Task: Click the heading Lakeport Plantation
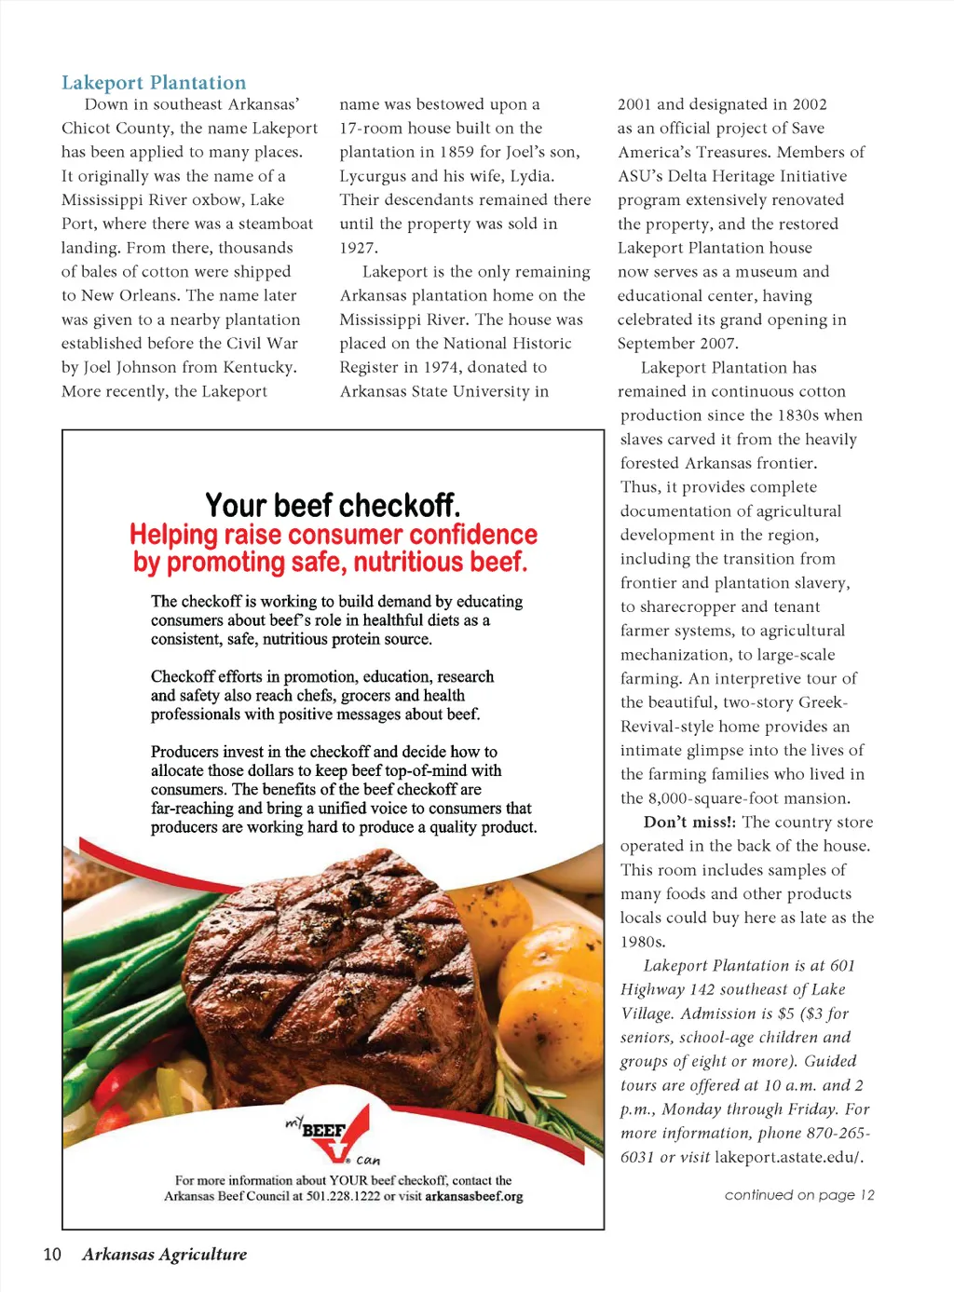[x=154, y=83]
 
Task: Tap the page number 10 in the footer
[x=52, y=1254]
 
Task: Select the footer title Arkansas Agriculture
[x=164, y=1254]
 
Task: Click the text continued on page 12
[x=799, y=1195]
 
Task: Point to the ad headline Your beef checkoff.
[x=333, y=506]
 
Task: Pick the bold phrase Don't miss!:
[x=689, y=823]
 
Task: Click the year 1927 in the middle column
[x=358, y=248]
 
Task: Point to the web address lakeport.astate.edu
[x=788, y=1157]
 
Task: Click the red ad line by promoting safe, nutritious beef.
[x=330, y=563]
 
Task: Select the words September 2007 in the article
[x=677, y=344]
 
